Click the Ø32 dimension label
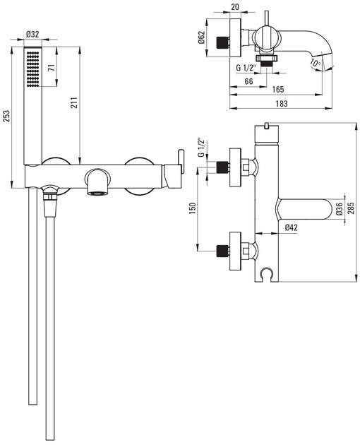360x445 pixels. [x=32, y=35]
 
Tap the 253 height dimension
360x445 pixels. [x=6, y=116]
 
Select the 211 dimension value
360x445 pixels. [x=73, y=102]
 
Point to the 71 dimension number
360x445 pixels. [x=51, y=68]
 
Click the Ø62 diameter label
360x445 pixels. [x=201, y=37]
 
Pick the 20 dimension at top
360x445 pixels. [x=235, y=7]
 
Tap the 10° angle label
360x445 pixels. [x=315, y=62]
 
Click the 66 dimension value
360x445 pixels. [x=248, y=81]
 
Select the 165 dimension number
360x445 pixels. [x=278, y=90]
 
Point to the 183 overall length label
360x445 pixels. [x=282, y=103]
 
